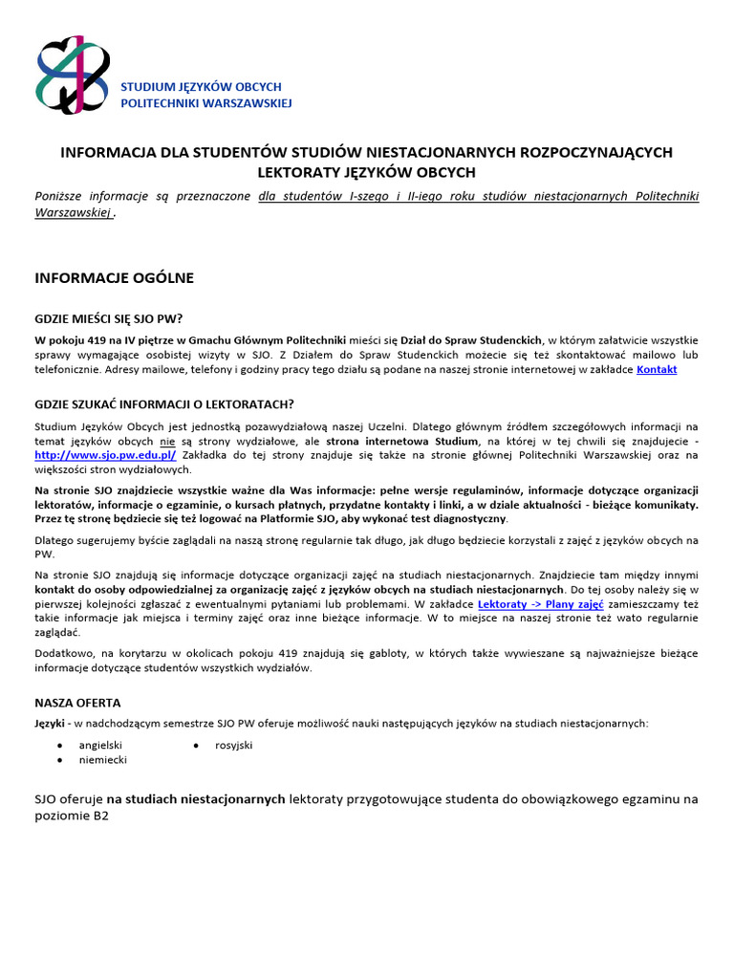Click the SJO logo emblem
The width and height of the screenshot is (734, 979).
point(73,74)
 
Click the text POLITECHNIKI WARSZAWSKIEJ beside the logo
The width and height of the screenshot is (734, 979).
point(205,102)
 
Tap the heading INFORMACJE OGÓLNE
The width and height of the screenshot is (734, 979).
point(114,278)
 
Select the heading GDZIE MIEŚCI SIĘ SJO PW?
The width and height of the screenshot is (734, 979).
point(108,318)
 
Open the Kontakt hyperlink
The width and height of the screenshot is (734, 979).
point(657,369)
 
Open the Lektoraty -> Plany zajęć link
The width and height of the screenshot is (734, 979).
point(525,604)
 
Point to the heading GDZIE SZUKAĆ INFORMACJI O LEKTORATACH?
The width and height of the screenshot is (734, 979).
point(164,404)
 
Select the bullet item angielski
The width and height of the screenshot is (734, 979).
point(100,744)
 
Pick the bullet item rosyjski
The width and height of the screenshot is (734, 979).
point(233,744)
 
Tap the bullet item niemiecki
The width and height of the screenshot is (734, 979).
point(102,759)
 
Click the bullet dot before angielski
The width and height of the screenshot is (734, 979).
point(60,744)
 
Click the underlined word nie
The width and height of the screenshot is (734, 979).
point(167,441)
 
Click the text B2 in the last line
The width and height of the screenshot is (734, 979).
point(99,818)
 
